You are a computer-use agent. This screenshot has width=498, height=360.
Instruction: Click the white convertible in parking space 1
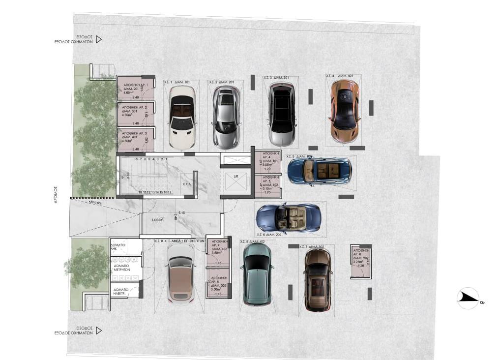pos(182,117)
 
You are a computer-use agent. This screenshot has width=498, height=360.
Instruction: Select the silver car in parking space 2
pos(226,118)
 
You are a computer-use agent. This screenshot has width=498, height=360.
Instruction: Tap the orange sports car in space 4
pos(345,112)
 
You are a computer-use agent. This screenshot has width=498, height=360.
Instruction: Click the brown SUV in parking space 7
pos(318,279)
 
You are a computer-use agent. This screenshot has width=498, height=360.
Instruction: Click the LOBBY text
pos(157,220)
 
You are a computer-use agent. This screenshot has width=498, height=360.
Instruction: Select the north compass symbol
pos(468,298)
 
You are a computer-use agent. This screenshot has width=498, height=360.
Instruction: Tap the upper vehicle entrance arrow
pos(98,39)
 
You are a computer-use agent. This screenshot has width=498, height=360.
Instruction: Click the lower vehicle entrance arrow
pos(98,330)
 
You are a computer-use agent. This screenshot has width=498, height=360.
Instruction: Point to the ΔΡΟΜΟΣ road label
pos(56,195)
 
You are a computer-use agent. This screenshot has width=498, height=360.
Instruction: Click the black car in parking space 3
pos(282,114)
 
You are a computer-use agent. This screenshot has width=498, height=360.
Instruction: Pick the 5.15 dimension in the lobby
pos(182,212)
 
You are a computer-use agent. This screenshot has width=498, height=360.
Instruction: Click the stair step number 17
pos(169,192)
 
